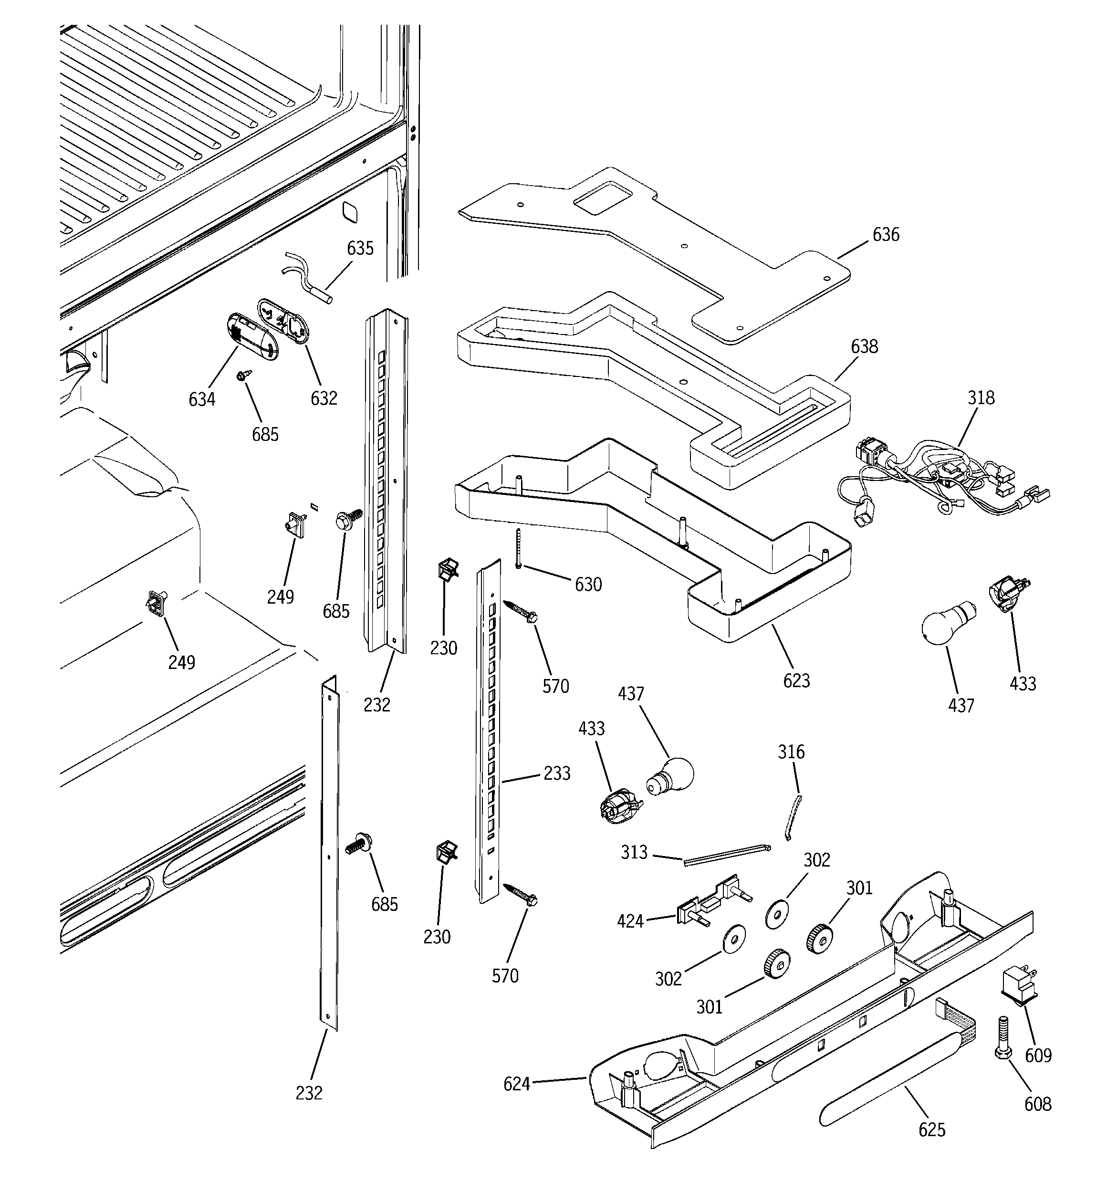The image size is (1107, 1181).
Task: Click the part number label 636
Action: (886, 235)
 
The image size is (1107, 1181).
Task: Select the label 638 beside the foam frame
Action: (864, 346)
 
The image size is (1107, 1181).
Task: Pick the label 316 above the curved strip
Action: (791, 752)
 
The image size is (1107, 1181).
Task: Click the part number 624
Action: (516, 1084)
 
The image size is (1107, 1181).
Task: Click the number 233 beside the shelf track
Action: (557, 773)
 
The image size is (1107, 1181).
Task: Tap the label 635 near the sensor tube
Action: (360, 248)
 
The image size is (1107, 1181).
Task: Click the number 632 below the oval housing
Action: (324, 398)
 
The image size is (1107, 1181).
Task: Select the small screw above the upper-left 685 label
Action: (244, 376)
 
